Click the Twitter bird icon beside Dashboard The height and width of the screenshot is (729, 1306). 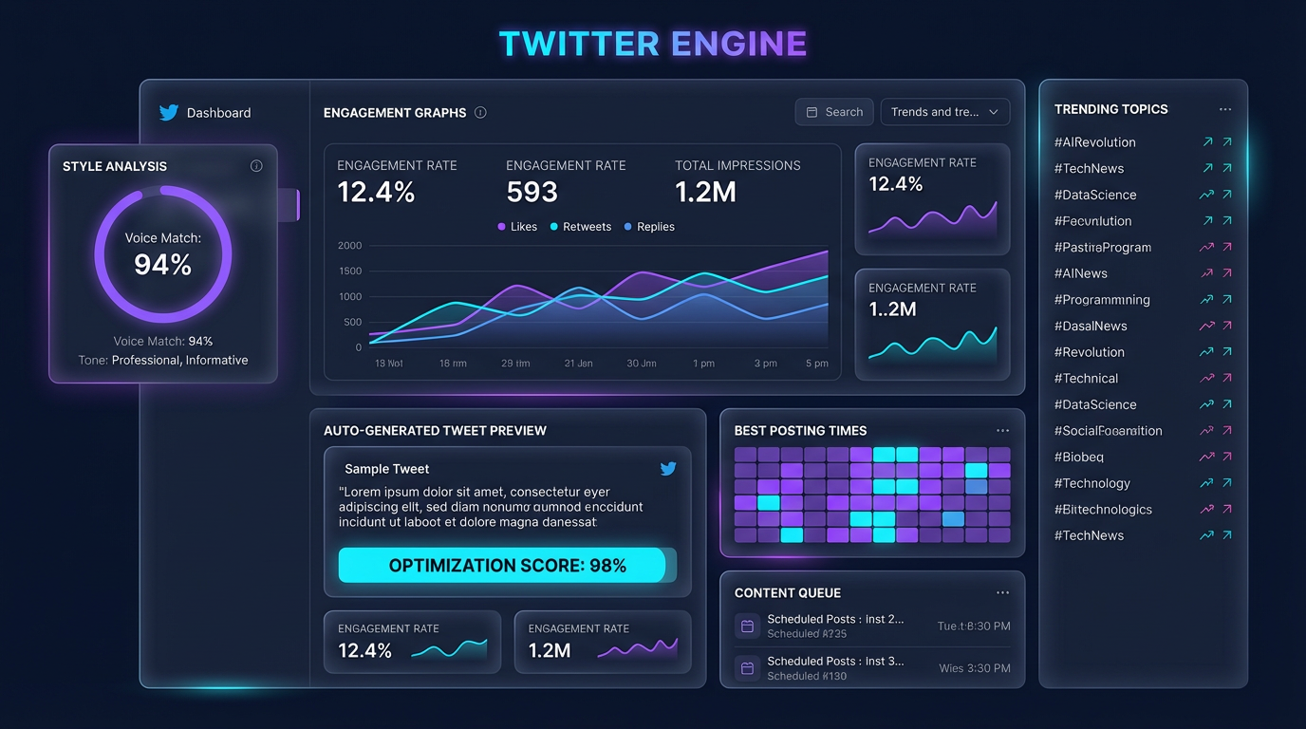169,112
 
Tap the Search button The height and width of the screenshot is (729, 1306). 834,112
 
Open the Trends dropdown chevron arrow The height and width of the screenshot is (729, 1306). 994,112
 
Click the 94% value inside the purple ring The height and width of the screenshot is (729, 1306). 163,265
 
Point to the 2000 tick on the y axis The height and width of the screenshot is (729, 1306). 349,246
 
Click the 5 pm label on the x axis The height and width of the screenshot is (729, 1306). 817,364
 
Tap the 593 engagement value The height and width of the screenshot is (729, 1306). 532,193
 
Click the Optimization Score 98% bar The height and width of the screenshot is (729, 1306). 507,566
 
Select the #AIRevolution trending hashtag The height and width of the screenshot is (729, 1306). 1094,142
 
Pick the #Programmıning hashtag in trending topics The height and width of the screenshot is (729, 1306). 1102,300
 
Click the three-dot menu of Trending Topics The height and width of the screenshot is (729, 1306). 1225,109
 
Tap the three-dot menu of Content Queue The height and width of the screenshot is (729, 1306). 1002,592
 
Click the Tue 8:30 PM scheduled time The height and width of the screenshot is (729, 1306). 974,626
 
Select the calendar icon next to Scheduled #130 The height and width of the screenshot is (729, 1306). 747,668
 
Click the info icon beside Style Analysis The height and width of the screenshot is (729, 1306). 256,166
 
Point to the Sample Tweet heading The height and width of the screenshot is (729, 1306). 386,469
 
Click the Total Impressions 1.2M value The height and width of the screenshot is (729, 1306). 705,193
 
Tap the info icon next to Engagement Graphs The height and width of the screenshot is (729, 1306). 480,113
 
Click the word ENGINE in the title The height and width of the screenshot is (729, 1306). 738,44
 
